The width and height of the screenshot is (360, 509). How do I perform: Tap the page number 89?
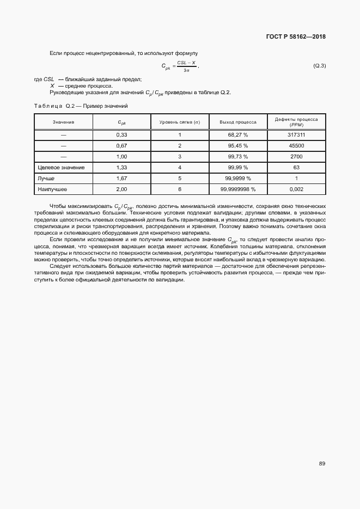pos(322,464)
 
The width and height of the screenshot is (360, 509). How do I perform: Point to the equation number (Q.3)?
pos(319,66)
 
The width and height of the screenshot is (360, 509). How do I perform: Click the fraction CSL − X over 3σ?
pos(186,66)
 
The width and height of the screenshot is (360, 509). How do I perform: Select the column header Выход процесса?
pos(237,122)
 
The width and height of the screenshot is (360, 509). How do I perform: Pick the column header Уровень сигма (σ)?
pos(180,122)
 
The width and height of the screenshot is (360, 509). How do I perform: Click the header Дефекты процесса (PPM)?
pos(296,122)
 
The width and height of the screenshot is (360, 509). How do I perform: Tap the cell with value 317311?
pos(296,134)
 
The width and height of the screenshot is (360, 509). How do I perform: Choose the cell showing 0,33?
pos(122,134)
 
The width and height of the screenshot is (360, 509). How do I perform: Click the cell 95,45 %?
pos(237,146)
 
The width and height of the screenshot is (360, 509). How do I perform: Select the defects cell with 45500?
pos(296,146)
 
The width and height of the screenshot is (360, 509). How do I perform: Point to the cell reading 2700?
pos(296,157)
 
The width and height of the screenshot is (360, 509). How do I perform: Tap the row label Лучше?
pos(46,179)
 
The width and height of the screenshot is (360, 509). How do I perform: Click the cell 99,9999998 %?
pos(237,189)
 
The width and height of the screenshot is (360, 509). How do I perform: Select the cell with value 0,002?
pos(296,189)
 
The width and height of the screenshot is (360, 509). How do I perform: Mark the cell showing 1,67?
pos(122,179)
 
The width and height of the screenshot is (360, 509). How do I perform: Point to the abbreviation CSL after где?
pos(49,79)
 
